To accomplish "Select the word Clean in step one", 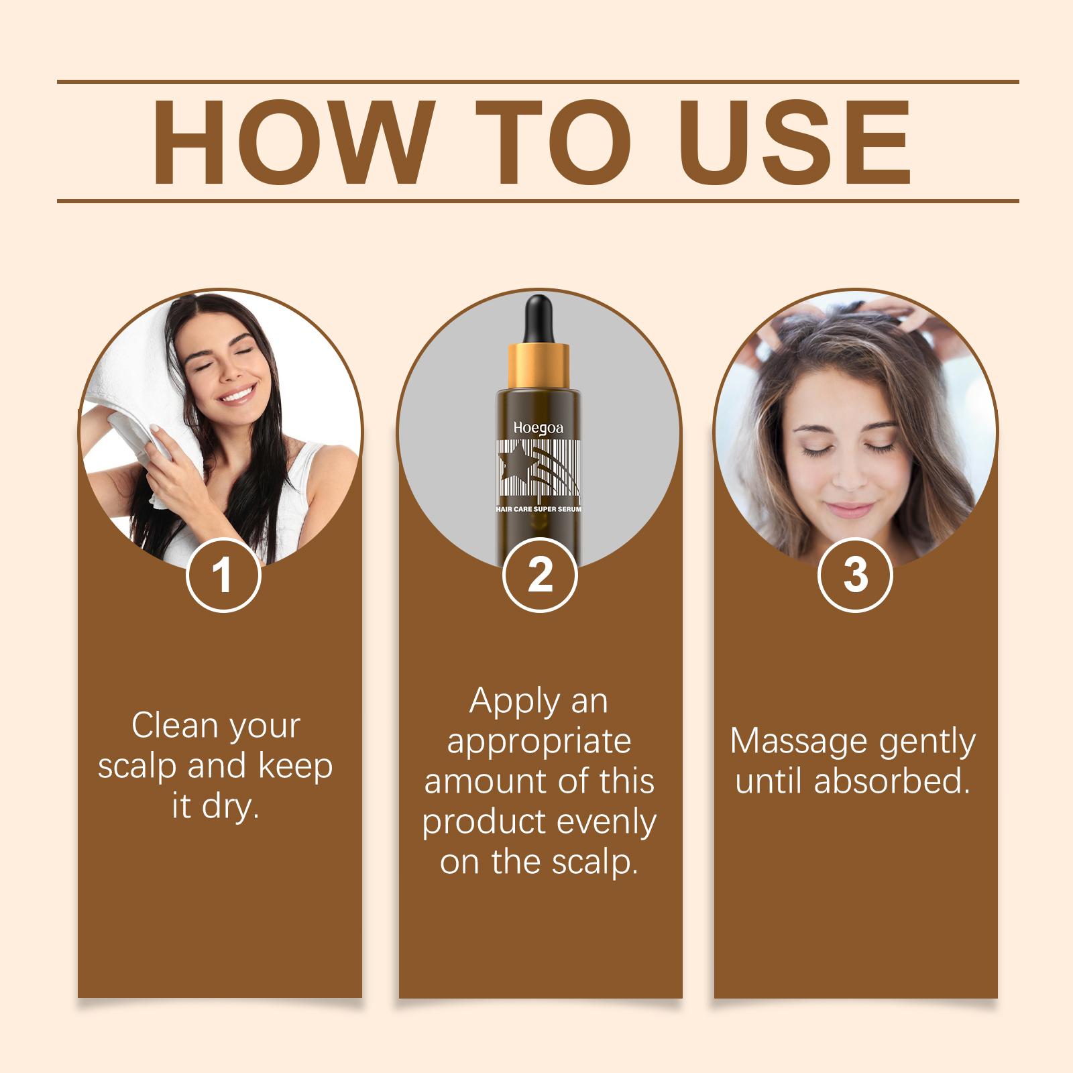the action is coord(170,726).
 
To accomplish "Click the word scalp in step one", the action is coord(137,767).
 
